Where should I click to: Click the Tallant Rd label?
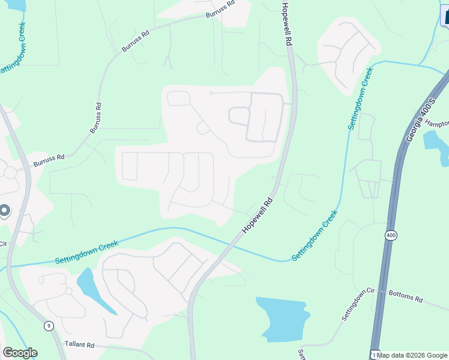click(80, 345)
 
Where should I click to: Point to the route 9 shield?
click(49, 326)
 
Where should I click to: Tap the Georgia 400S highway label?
click(418, 118)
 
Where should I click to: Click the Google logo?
click(20, 353)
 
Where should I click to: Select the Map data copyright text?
click(412, 355)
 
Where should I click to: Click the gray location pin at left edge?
click(4, 211)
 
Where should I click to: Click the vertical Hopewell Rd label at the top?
click(288, 24)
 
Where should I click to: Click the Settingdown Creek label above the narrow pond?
click(86, 252)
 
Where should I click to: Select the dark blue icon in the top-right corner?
click(444, 13)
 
